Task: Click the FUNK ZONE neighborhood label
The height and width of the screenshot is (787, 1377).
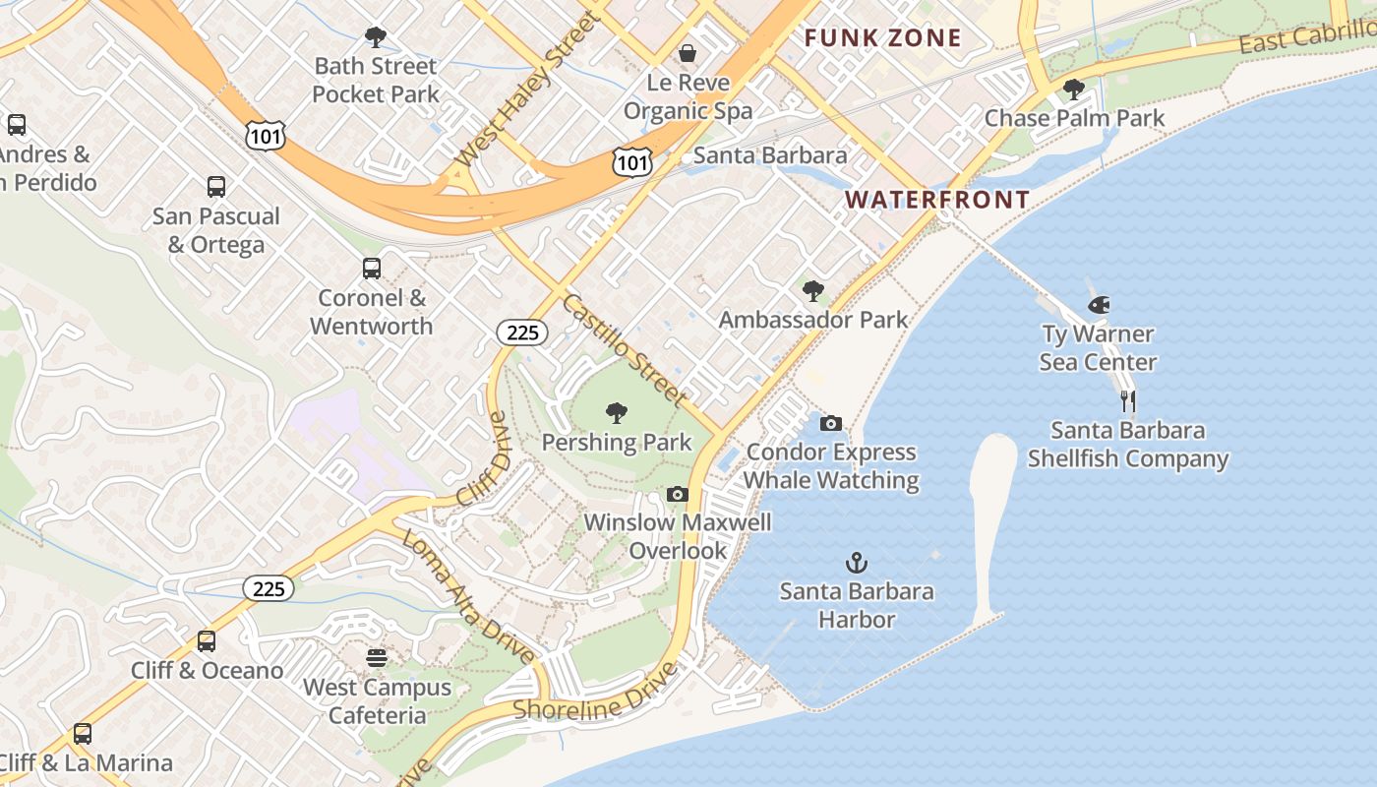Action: tap(882, 38)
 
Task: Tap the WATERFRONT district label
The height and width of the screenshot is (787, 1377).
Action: tap(937, 200)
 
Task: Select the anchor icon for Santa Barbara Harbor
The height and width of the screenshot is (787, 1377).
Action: tap(857, 564)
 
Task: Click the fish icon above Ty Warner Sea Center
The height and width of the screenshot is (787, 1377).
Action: tap(1099, 305)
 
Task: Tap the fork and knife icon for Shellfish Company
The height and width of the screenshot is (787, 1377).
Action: tap(1128, 401)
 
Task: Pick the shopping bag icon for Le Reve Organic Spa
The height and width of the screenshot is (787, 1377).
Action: tap(688, 53)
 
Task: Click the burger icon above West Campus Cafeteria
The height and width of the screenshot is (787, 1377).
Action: tap(377, 657)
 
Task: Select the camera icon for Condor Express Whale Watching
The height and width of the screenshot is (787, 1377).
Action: tap(831, 424)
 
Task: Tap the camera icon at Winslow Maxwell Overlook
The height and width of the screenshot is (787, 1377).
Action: tap(678, 494)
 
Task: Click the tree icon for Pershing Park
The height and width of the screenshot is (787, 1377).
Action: tap(617, 413)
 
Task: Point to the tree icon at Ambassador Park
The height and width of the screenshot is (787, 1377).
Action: tap(813, 291)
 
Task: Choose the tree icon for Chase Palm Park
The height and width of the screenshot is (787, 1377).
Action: tap(1074, 90)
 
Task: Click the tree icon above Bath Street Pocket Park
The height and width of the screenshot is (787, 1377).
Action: tap(375, 37)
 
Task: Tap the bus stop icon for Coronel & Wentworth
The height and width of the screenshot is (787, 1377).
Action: tap(372, 269)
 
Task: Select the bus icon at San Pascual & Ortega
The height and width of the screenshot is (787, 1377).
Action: tap(216, 187)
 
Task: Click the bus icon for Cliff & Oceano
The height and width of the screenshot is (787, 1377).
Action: tap(207, 641)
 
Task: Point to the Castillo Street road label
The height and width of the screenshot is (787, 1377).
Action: tap(624, 348)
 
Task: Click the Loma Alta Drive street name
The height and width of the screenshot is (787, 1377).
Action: tap(468, 596)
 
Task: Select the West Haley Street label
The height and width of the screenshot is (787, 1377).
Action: tap(528, 90)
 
